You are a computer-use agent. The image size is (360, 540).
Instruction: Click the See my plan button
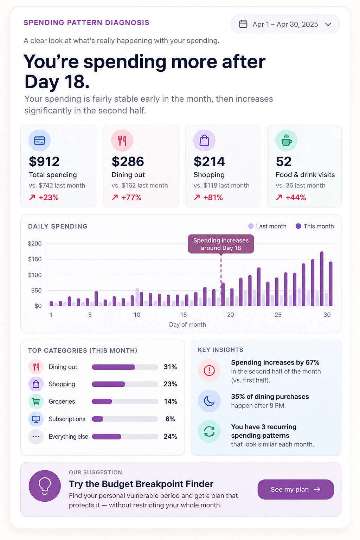pos(296,489)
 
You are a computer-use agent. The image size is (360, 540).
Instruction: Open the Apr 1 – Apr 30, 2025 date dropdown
pos(285,24)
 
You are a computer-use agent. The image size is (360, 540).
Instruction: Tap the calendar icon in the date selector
pos(243,24)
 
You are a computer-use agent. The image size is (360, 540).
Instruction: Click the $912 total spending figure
pos(44,161)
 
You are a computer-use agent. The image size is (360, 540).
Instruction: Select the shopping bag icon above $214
pos(204,141)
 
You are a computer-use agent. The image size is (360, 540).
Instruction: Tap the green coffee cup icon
pos(286,141)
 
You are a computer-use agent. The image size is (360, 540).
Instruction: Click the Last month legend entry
pos(267,226)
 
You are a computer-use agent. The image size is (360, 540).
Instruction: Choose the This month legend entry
pos(315,226)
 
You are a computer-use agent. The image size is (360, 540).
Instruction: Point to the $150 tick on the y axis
pos(35,259)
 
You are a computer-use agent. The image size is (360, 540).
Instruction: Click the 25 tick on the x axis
pos(278,315)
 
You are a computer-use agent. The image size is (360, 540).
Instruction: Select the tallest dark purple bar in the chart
pos(322,279)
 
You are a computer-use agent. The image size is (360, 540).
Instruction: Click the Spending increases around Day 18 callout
pos(221,244)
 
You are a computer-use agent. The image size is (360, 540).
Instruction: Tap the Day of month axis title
pos(187,324)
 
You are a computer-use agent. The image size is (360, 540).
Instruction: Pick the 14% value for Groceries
pos(171,401)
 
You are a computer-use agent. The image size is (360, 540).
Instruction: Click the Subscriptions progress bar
pos(125,419)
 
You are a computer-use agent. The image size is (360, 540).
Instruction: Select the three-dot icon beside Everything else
pos(36,437)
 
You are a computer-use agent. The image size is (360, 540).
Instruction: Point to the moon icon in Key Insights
pos(209,401)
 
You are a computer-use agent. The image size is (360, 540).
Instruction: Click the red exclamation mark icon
pos(209,371)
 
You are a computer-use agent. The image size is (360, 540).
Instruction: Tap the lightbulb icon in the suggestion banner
pos(45,486)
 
